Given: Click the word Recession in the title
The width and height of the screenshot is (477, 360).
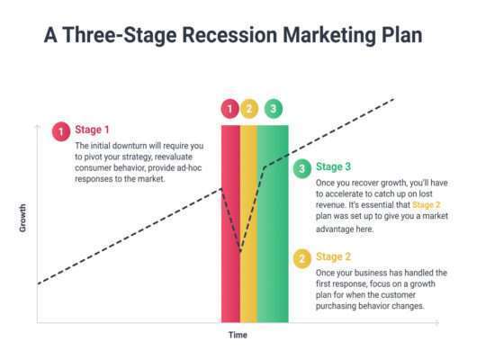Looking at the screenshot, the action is (x=229, y=35).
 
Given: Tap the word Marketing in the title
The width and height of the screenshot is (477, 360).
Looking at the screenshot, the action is (x=329, y=36).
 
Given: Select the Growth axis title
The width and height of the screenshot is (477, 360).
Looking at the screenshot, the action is (x=22, y=218).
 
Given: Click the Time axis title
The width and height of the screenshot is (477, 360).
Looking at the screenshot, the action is (x=238, y=335).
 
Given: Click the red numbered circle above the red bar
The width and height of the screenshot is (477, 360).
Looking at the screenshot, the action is (x=230, y=109).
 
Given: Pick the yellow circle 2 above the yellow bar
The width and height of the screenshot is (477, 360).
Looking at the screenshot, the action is (x=249, y=109).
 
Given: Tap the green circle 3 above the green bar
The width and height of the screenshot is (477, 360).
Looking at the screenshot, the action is (x=274, y=109).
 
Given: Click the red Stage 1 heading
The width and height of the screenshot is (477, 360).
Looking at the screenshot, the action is (x=92, y=130).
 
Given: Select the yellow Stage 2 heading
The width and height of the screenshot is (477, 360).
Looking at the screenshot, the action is (x=333, y=256).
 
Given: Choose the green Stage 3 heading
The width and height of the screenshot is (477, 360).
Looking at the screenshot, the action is (x=333, y=166).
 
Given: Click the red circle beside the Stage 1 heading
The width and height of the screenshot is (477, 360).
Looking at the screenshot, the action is (x=61, y=131).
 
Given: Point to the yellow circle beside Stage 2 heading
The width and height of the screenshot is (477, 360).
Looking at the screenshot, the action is (x=302, y=259).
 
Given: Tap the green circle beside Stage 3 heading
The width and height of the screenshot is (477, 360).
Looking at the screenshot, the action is (x=302, y=169).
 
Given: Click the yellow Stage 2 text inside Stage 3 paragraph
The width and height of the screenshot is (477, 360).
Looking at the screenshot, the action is (x=427, y=205).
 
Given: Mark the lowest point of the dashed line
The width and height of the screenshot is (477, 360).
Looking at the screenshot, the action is (x=240, y=252).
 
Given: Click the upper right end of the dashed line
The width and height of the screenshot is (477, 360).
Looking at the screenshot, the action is (x=394, y=99).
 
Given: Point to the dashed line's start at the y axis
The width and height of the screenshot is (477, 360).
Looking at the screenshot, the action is (x=38, y=283).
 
